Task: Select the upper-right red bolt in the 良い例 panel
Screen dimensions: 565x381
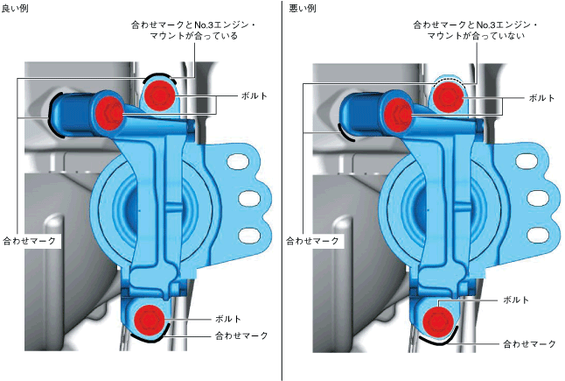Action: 160,95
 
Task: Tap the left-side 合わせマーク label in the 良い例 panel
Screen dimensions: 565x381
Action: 31,238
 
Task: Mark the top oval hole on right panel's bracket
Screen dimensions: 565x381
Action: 533,161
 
